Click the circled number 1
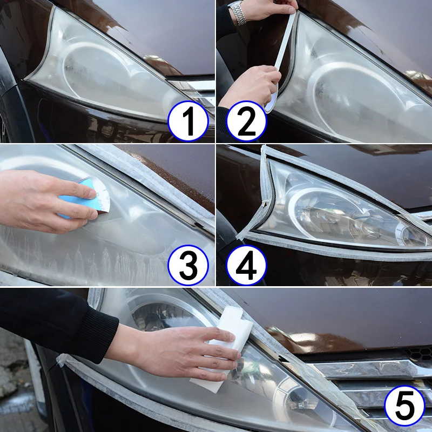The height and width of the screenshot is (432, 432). coord(188,121)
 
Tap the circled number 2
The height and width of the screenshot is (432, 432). coord(246,121)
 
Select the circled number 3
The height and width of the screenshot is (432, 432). coord(188,265)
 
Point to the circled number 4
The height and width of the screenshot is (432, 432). coord(246,265)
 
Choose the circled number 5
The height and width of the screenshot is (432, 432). coord(404,406)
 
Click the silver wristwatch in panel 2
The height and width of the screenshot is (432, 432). coord(237,12)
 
